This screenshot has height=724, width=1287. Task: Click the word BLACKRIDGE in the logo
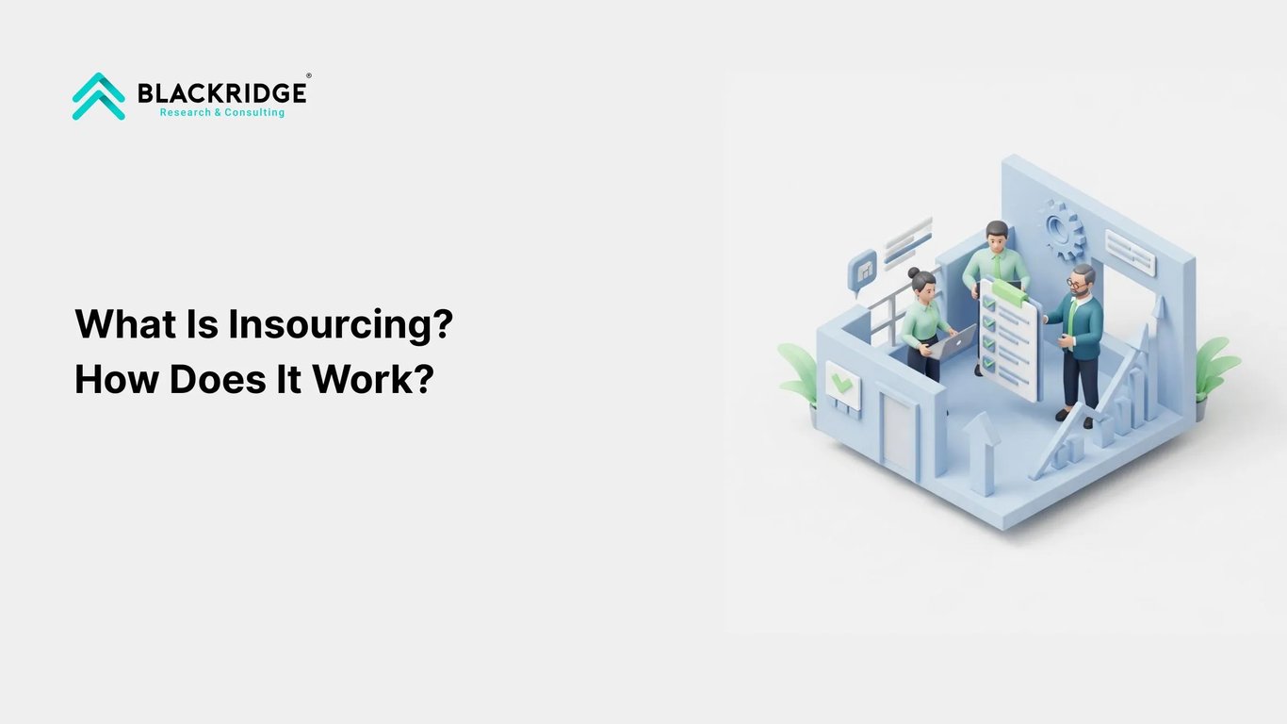[x=221, y=92]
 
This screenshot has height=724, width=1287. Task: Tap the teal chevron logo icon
[x=99, y=96]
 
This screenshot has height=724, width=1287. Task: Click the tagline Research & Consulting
[x=221, y=112]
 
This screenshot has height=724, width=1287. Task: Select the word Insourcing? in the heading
[x=341, y=324]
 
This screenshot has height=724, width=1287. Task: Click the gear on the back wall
[x=1064, y=229]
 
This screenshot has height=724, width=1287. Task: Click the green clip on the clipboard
[x=1007, y=293]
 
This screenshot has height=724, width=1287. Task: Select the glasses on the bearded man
[x=1078, y=282]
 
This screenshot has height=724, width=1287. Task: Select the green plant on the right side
[x=1215, y=370]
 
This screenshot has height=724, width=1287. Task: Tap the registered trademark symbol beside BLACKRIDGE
[x=308, y=76]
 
